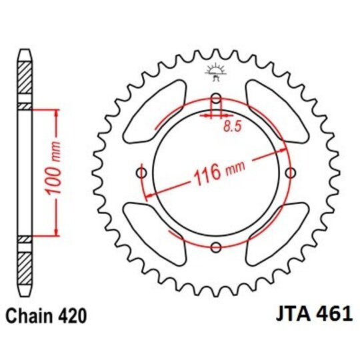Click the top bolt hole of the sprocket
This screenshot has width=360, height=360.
coord(215,100)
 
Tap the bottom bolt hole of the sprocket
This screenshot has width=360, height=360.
coord(215,248)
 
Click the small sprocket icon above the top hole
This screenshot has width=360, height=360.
coord(215,69)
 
